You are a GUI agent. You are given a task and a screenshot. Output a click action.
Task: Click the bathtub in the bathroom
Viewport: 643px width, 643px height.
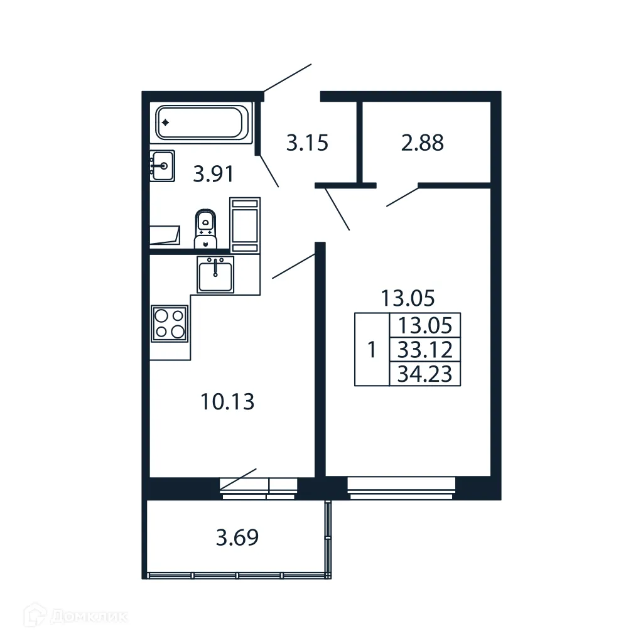[x=200, y=122]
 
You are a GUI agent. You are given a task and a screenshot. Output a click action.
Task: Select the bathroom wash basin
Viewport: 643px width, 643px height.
[x=163, y=166]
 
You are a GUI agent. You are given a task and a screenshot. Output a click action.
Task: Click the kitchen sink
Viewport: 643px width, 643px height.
[x=215, y=274]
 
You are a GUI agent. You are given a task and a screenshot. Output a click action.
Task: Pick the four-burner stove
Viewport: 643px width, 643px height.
[x=170, y=323]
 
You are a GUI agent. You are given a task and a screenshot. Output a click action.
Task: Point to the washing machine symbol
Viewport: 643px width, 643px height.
[x=245, y=225]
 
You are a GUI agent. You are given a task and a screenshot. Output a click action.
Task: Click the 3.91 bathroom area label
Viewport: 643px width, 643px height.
[x=213, y=173]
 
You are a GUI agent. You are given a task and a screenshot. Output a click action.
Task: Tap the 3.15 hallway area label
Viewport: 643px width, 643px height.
[x=307, y=143]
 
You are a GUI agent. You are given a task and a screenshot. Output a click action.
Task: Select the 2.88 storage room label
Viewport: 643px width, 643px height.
[x=423, y=143]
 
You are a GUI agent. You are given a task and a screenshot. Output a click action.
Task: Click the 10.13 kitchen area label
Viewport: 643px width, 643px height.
[x=227, y=401]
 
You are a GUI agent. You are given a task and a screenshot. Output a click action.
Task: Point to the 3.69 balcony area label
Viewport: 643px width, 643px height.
[x=237, y=538]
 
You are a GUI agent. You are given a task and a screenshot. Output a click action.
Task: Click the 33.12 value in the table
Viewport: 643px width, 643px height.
[x=425, y=349]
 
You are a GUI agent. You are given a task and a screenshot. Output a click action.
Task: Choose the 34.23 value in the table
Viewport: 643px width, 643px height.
[x=425, y=374]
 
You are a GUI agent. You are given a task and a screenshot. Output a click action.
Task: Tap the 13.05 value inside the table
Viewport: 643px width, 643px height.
[x=425, y=325]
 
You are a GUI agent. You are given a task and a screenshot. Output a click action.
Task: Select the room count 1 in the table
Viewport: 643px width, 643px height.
[x=372, y=349]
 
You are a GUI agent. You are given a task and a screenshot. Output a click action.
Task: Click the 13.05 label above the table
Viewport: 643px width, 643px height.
[x=408, y=298]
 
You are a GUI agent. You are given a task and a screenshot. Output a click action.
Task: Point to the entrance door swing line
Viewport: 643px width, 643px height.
[x=287, y=78]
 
